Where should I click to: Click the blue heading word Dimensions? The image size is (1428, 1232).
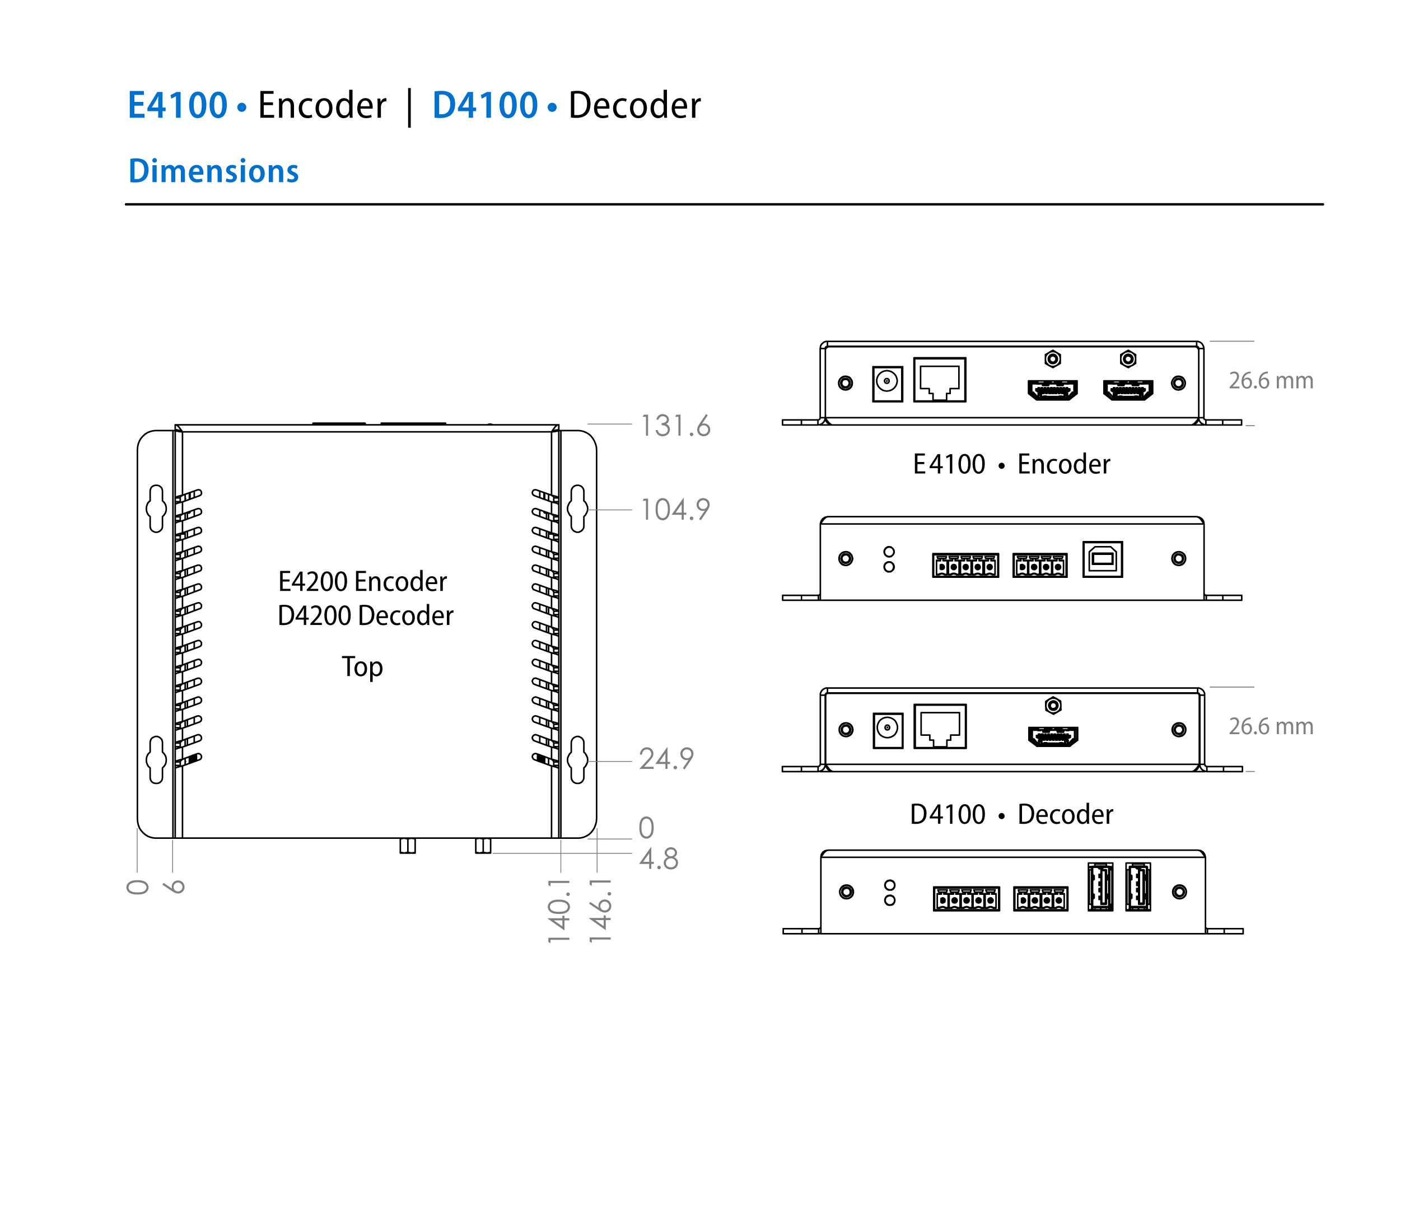pos(214,171)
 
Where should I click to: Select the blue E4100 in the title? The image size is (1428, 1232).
pos(178,105)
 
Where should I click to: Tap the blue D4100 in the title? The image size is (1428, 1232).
pos(484,105)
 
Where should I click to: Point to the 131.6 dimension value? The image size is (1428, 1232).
pos(675,426)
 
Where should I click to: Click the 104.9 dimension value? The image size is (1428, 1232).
pos(675,510)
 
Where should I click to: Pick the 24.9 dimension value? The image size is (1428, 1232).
pos(666,759)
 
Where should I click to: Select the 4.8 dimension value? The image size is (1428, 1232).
pos(659,859)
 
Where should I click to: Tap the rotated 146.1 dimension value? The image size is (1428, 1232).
pos(600,910)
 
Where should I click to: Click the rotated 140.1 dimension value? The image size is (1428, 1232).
pos(559,910)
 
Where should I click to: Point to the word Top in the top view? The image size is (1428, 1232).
pos(362,667)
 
